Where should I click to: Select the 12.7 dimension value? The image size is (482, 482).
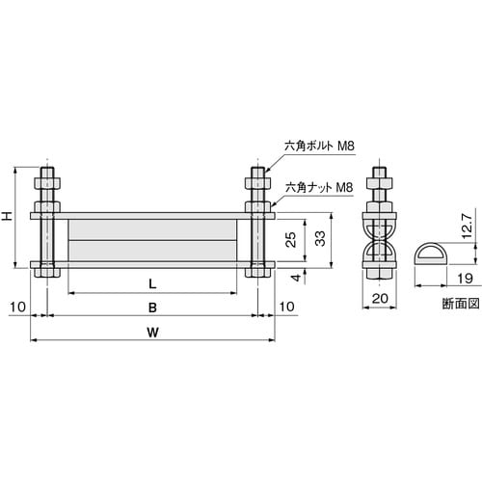point(466,227)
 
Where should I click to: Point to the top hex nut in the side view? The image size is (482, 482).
point(380,183)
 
